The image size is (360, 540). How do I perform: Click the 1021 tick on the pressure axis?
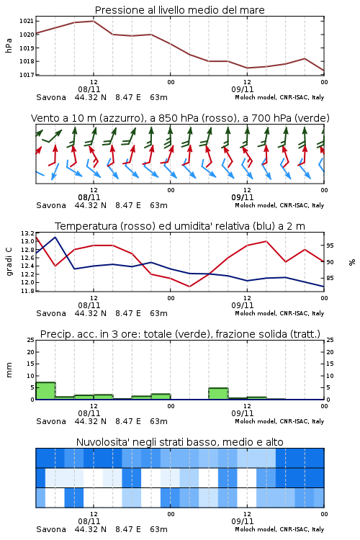pyautogui.click(x=26, y=21)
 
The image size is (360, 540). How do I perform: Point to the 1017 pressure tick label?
pyautogui.click(x=26, y=75)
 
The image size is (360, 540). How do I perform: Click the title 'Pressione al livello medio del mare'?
pyautogui.click(x=180, y=10)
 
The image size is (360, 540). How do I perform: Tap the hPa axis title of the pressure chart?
pyautogui.click(x=9, y=45)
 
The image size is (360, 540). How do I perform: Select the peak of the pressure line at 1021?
pyautogui.click(x=94, y=21)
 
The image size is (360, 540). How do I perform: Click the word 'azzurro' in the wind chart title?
pyautogui.click(x=120, y=118)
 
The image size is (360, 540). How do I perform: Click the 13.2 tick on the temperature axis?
pyautogui.click(x=27, y=233)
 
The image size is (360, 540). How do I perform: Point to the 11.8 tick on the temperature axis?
pyautogui.click(x=27, y=291)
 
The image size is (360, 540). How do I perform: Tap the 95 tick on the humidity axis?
pyautogui.click(x=330, y=246)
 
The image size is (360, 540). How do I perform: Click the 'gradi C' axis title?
pyautogui.click(x=9, y=261)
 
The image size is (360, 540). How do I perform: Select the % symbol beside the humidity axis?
pyautogui.click(x=352, y=262)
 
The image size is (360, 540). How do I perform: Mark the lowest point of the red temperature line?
pyautogui.click(x=189, y=287)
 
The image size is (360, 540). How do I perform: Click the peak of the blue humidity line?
pyautogui.click(x=55, y=238)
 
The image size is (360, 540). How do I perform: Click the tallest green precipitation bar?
pyautogui.click(x=45, y=391)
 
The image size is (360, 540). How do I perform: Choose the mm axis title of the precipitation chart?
pyautogui.click(x=9, y=370)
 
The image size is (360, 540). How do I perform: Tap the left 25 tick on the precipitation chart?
pyautogui.click(x=31, y=340)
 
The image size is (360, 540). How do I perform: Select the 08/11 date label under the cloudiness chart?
pyautogui.click(x=89, y=521)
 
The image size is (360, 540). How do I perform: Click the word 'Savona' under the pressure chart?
pyautogui.click(x=51, y=97)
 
